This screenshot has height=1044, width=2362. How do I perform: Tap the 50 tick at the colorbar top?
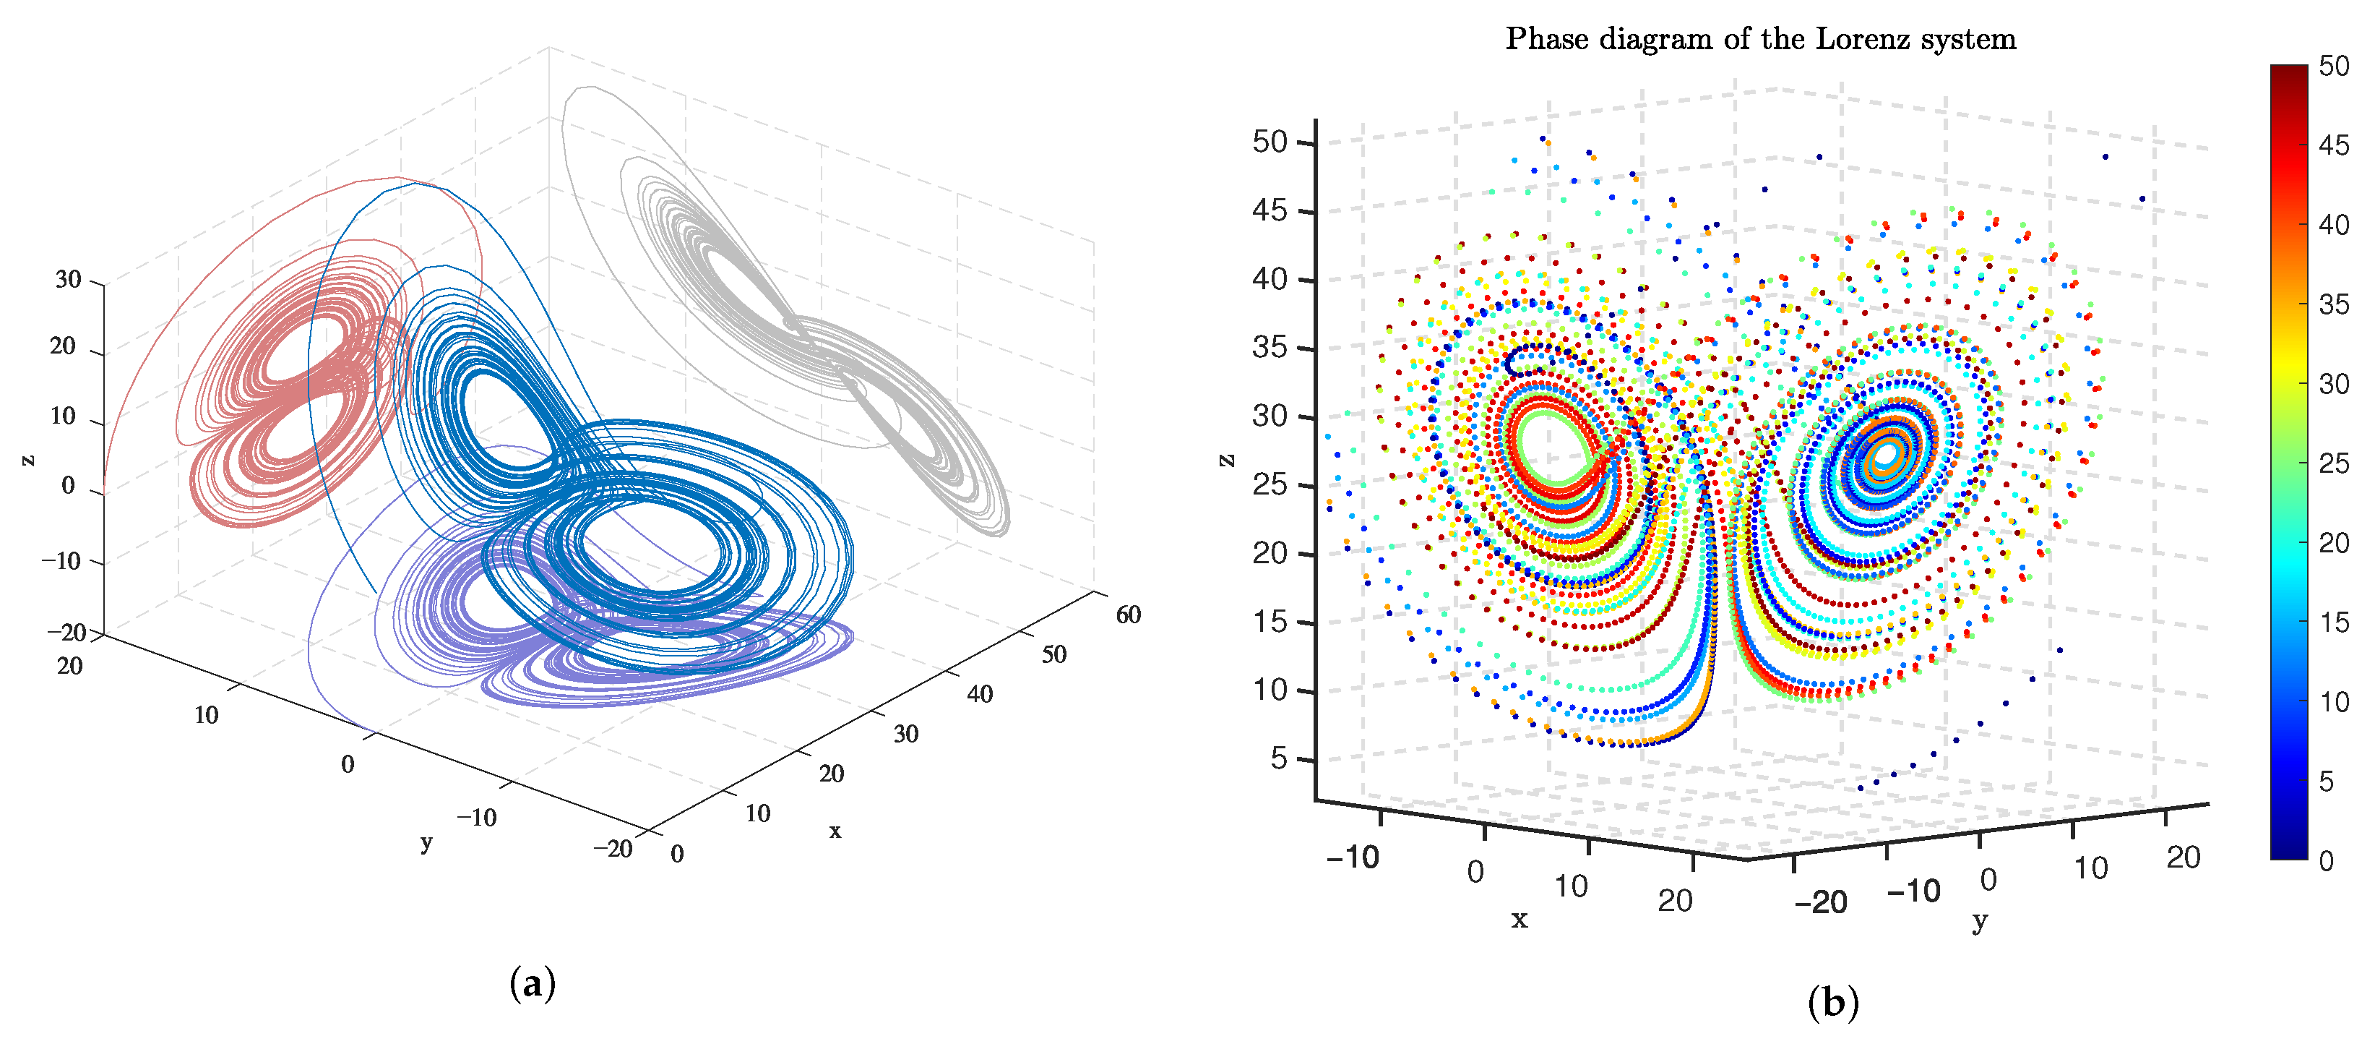tap(2332, 66)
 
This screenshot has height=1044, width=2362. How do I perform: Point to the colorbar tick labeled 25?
tap(2332, 463)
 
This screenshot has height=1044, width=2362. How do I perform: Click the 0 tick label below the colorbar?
tap(2327, 861)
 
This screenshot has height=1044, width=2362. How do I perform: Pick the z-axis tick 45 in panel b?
tap(1270, 211)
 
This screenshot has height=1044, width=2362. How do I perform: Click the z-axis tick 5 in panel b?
tap(1278, 758)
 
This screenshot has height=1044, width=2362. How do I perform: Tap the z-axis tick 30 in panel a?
tap(68, 280)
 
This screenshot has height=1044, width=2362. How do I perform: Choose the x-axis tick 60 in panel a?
tap(1128, 615)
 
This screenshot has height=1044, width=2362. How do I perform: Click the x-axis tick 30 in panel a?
tap(906, 734)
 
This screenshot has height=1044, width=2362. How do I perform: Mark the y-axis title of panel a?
tap(426, 842)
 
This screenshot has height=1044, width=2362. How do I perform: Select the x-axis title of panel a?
tap(835, 831)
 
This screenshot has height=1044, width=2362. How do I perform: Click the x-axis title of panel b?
tap(1520, 919)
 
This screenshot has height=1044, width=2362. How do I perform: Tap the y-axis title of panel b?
tap(1980, 920)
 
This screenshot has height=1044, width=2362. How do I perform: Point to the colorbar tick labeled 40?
tap(2332, 225)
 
